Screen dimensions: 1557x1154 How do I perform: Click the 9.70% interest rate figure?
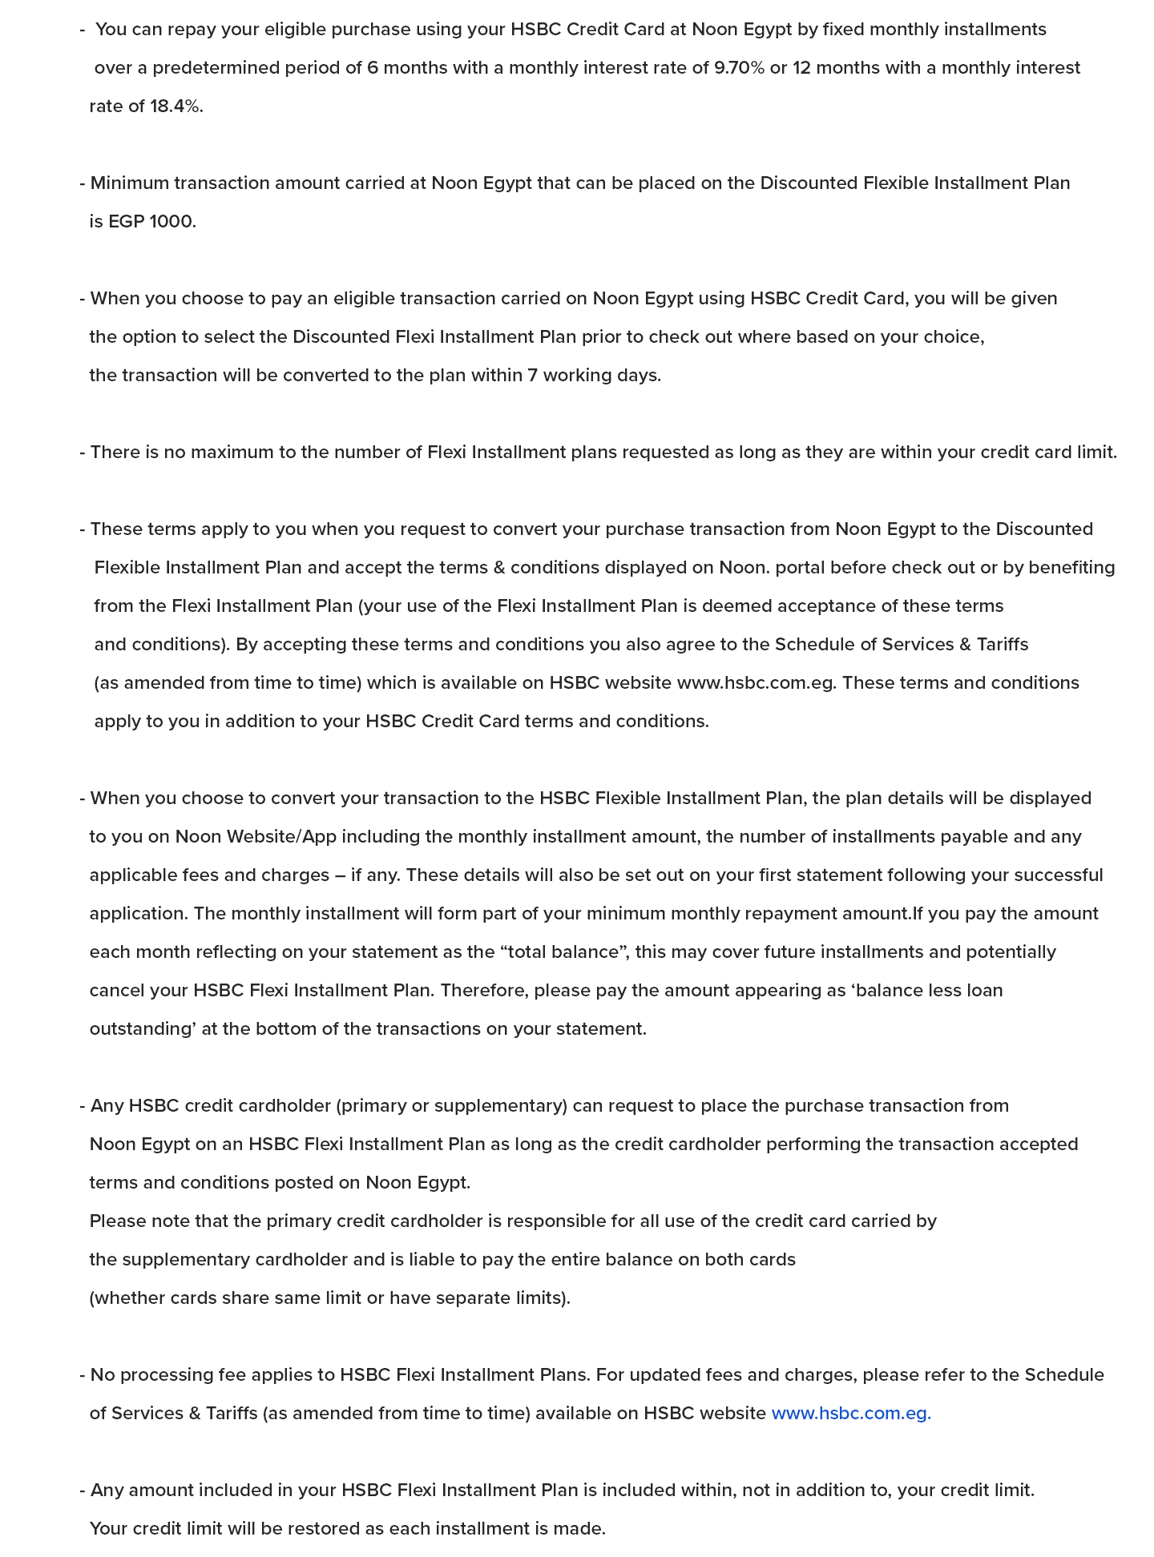tap(739, 68)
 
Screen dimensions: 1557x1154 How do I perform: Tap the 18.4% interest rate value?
tap(176, 107)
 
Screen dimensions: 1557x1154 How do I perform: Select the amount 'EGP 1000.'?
tap(152, 222)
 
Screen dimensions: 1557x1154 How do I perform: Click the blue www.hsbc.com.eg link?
tap(851, 1414)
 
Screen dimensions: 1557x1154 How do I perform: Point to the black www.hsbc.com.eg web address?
tap(756, 683)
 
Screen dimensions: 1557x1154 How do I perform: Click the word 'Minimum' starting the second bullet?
tap(130, 183)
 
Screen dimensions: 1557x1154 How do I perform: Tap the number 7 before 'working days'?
tap(532, 376)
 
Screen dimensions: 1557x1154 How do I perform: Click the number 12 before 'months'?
tap(801, 68)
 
